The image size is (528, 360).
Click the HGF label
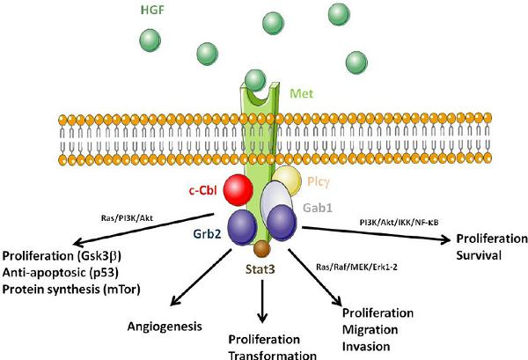tap(152, 10)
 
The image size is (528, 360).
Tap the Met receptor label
tap(301, 93)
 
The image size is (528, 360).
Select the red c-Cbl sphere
tap(238, 190)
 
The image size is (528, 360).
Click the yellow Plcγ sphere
tap(287, 180)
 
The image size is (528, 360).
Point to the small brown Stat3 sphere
tap(262, 249)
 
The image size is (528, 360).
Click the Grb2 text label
tap(207, 234)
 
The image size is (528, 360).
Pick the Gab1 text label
tap(318, 208)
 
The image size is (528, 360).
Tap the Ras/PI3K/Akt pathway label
tap(127, 218)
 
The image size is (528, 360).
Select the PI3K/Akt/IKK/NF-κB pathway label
tap(399, 223)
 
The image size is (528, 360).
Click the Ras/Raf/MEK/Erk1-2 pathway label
tap(356, 267)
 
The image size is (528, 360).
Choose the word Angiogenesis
tap(165, 327)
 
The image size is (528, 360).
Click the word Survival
tap(479, 255)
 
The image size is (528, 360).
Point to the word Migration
tap(370, 329)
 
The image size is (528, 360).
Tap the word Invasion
tap(366, 346)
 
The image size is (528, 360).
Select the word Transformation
tap(273, 356)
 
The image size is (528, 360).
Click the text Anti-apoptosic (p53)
tap(61, 273)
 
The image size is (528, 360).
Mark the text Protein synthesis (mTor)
tap(71, 290)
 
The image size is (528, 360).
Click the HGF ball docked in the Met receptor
tap(255, 80)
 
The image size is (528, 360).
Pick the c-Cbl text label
tap(202, 191)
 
